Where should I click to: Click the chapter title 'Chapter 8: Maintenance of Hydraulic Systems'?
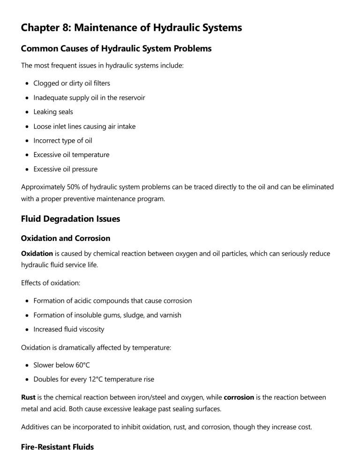click(131, 28)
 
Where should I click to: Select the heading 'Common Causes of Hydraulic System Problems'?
click(116, 48)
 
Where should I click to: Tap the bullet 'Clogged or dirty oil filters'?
click(72, 83)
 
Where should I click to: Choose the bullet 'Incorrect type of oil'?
click(63, 141)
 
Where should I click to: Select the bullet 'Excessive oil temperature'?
click(71, 155)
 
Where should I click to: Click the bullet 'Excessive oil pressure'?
click(65, 169)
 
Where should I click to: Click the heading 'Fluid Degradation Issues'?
click(70, 218)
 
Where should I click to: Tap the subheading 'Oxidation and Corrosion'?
click(66, 238)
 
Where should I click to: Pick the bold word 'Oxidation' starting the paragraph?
click(37, 254)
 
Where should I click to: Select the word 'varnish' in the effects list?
click(170, 315)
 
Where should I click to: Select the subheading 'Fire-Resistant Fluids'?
click(57, 447)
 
